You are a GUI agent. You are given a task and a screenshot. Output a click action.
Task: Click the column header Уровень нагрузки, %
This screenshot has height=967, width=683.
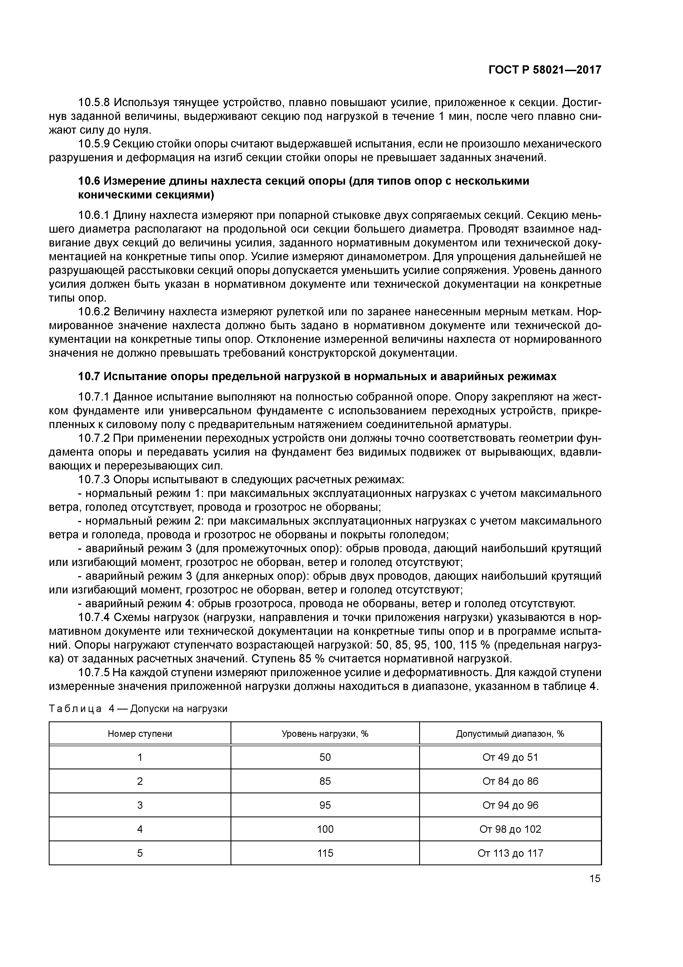pyautogui.click(x=325, y=734)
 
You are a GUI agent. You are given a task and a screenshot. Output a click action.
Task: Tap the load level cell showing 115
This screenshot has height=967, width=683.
pyautogui.click(x=325, y=853)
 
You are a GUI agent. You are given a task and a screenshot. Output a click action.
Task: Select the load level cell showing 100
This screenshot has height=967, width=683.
pyautogui.click(x=325, y=829)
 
